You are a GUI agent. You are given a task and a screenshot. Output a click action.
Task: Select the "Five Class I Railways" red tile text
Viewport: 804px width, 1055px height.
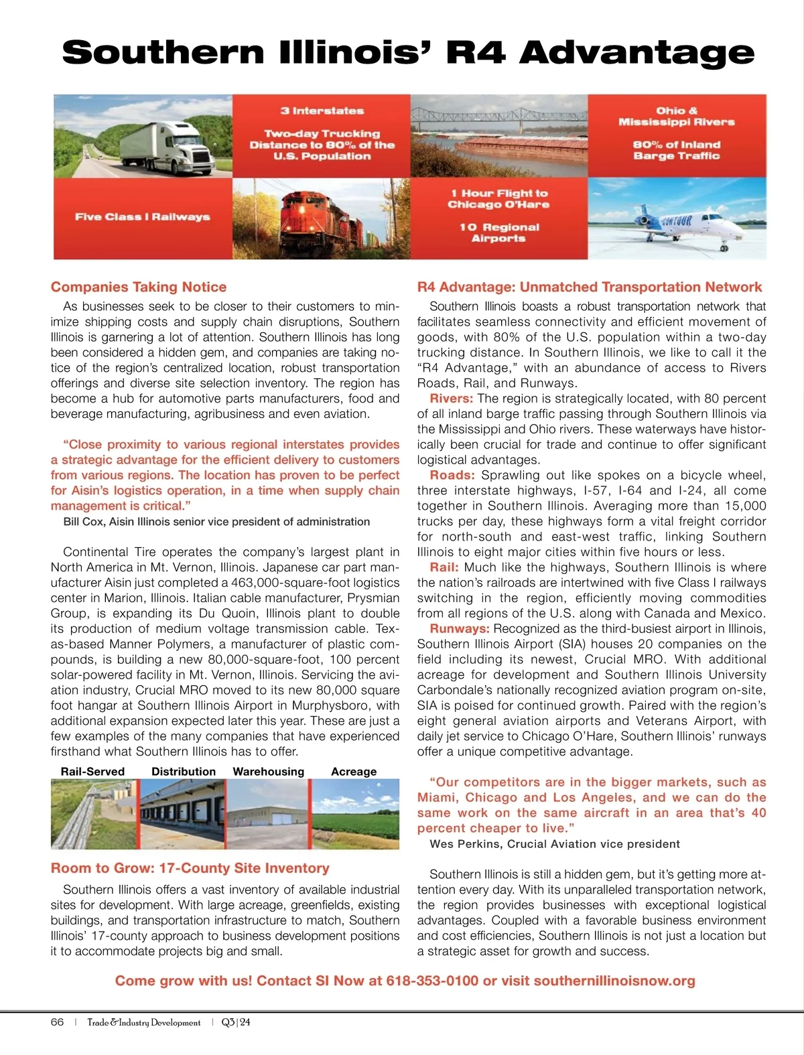click(x=143, y=217)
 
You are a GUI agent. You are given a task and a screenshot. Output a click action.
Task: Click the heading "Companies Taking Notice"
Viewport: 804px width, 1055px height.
click(x=139, y=287)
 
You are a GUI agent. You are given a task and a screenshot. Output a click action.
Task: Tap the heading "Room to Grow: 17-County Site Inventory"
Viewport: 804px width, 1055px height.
click(x=190, y=869)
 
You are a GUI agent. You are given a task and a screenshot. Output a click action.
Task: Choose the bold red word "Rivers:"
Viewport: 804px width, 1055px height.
click(x=452, y=399)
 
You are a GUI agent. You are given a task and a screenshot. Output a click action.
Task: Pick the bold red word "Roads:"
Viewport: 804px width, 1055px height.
click(x=452, y=476)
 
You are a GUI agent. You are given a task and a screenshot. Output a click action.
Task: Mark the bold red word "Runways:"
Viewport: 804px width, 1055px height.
click(x=460, y=629)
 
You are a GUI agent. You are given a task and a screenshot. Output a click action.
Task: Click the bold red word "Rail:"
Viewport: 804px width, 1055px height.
click(x=444, y=567)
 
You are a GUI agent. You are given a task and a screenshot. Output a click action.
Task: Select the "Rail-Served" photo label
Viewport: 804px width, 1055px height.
click(x=92, y=772)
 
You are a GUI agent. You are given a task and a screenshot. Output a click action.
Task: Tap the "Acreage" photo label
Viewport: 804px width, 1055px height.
click(x=354, y=772)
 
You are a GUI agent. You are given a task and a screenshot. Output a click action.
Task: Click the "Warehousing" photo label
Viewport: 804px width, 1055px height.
click(x=268, y=772)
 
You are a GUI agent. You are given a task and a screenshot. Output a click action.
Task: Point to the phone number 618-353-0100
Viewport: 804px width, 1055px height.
click(x=432, y=981)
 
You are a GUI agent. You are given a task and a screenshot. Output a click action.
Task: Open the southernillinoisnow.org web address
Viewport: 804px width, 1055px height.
click(x=614, y=981)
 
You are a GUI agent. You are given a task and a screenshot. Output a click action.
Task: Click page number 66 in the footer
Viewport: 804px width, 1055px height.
click(x=58, y=1022)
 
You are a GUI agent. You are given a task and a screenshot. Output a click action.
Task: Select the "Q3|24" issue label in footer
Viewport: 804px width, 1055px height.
click(x=236, y=1022)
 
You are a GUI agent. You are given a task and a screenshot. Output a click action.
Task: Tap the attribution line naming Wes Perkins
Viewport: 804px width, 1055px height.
click(x=555, y=844)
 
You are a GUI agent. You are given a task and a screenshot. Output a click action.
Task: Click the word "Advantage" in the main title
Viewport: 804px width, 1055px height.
click(x=636, y=52)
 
